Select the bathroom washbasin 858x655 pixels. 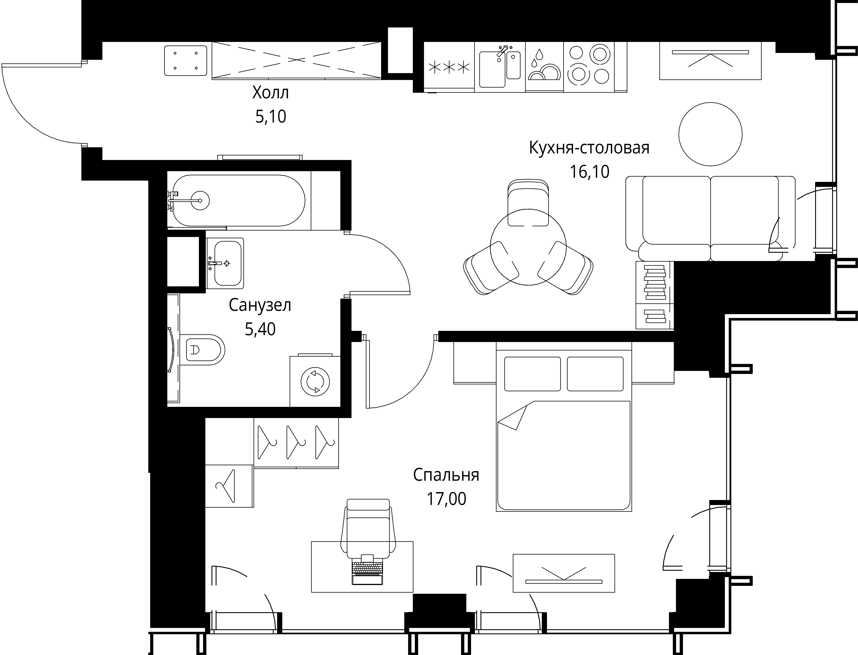coord(225,263)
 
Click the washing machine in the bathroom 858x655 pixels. coord(315,381)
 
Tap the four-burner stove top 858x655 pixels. coord(589,67)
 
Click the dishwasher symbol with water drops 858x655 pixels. coord(544,67)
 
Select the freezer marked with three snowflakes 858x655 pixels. coord(449,67)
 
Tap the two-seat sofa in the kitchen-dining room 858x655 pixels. coord(710,218)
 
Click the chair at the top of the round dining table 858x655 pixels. coord(529,203)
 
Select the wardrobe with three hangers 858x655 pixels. coord(296,442)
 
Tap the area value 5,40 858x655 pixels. coord(260,329)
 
